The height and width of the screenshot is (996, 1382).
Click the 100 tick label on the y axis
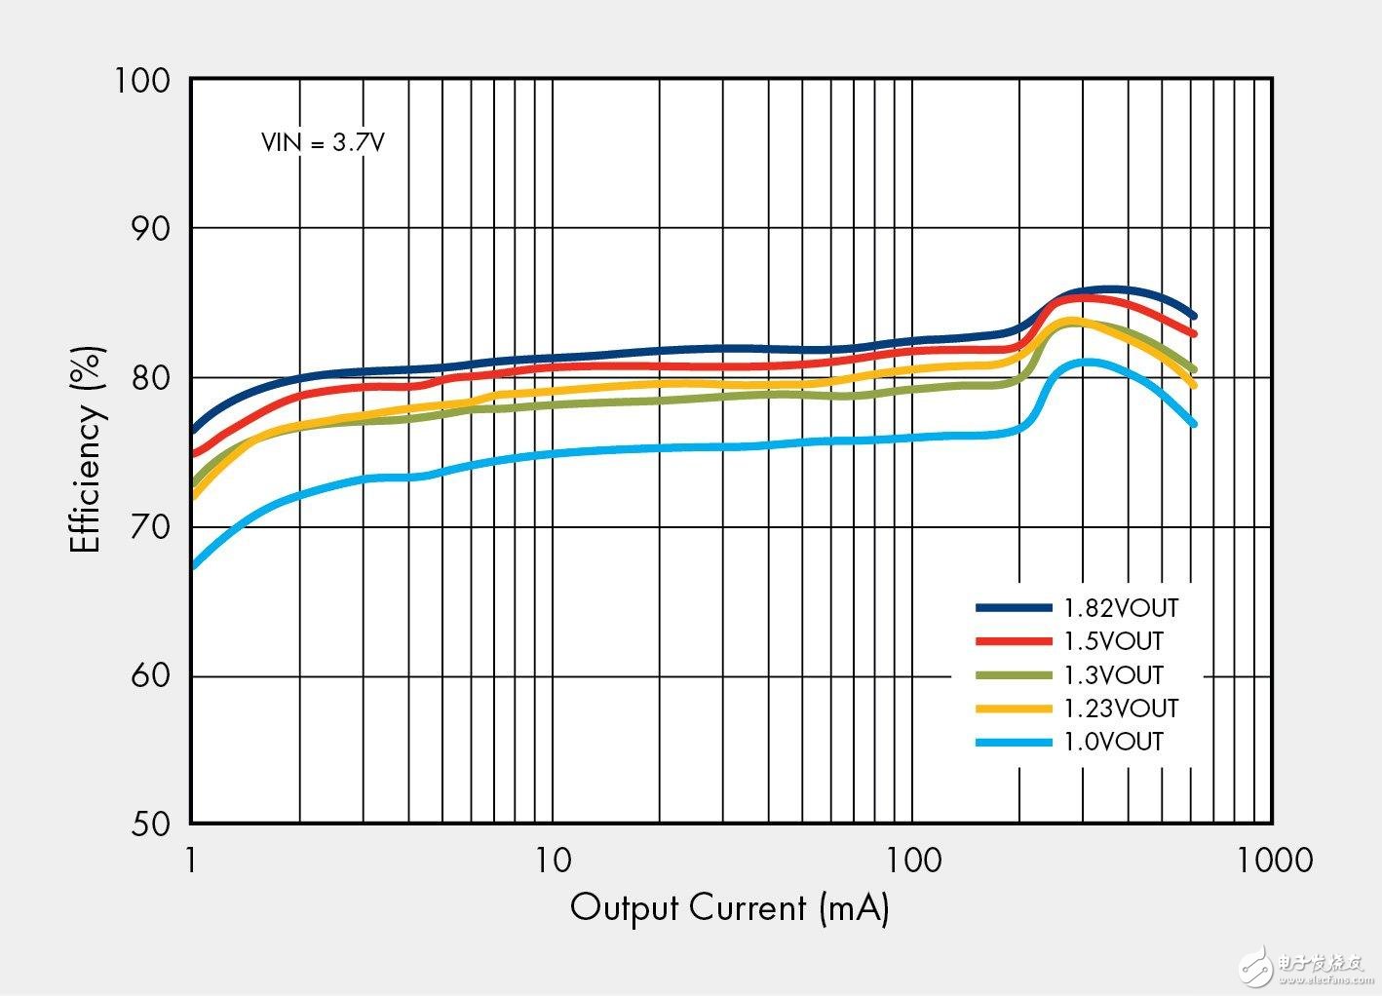tap(142, 80)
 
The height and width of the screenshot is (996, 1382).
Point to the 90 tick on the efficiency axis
tap(150, 229)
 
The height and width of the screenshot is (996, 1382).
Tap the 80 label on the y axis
tap(150, 378)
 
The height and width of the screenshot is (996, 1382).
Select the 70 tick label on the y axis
tap(150, 527)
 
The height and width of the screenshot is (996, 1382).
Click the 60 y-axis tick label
tap(150, 676)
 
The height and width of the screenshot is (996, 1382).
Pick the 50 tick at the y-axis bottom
tap(150, 824)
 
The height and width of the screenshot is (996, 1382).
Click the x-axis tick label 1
tap(191, 861)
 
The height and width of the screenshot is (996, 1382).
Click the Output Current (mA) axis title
tap(729, 908)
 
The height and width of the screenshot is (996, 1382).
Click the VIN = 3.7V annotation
tap(323, 142)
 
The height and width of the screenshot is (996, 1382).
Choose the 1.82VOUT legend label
tap(1121, 608)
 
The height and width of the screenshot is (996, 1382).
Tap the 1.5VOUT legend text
tap(1113, 641)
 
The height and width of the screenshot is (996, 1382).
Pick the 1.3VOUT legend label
tap(1113, 674)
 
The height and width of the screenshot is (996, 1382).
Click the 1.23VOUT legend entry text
tap(1121, 708)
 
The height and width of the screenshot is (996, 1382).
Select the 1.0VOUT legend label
tap(1113, 742)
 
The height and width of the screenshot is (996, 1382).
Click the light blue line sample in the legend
tap(1014, 743)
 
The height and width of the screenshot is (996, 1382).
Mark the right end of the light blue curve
tap(1193, 424)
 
